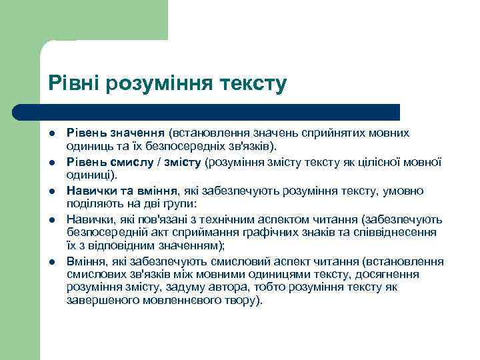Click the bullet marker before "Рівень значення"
coord(52,134)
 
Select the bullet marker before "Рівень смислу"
coord(52,163)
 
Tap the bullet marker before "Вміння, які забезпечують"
coord(52,261)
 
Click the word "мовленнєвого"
coord(171,301)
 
